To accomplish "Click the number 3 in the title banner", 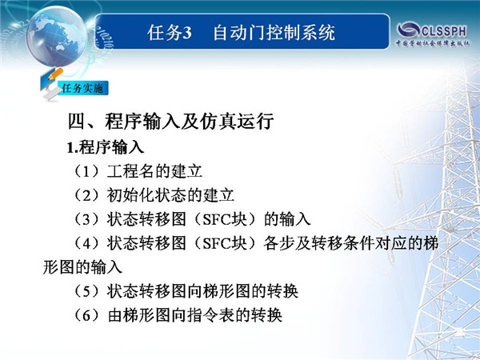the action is click(186, 33).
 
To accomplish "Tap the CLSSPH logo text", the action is click(444, 31).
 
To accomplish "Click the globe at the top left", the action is click(56, 36).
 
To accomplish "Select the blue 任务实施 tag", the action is click(82, 89).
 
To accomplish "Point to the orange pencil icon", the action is click(55, 74).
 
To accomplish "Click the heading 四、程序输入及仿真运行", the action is click(170, 122).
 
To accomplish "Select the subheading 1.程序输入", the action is click(106, 147).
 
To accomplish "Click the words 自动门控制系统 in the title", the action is click(274, 33).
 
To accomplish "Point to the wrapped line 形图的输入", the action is click(82, 267).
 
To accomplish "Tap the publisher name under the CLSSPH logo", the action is click(433, 43).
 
